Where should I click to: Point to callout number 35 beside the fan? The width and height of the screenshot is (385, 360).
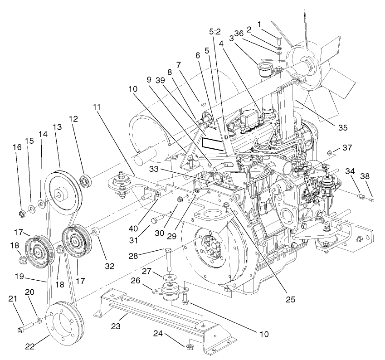tap(342, 127)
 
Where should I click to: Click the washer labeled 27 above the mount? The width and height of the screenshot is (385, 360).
tap(169, 276)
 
